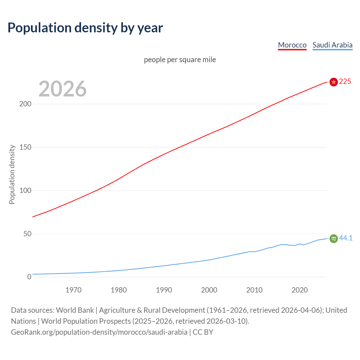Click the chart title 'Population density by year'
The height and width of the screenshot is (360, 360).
point(85,28)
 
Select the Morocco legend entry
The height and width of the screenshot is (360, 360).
point(292,45)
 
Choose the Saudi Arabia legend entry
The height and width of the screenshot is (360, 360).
point(332,45)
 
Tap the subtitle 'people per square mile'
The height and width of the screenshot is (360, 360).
point(180,60)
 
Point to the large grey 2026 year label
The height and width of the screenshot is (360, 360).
point(62,89)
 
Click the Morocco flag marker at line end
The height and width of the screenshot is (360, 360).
point(334,82)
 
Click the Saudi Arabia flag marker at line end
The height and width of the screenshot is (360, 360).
point(334,238)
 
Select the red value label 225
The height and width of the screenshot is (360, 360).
point(345,82)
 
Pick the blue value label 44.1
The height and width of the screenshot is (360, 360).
point(346,238)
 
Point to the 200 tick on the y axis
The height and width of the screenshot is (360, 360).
point(25,104)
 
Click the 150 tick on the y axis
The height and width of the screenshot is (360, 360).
point(25,147)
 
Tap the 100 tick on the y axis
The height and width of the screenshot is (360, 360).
point(25,190)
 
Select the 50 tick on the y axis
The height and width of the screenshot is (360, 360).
point(27,234)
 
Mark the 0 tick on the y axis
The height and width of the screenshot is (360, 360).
point(29,277)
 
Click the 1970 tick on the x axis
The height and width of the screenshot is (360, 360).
point(73,290)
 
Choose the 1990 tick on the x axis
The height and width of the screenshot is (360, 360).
point(164,290)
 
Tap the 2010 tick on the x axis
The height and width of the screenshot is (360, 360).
point(254,290)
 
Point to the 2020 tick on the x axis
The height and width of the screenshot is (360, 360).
point(300,290)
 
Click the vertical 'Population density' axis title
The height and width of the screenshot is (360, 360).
point(12,174)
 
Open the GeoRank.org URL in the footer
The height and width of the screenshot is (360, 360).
point(99,332)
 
